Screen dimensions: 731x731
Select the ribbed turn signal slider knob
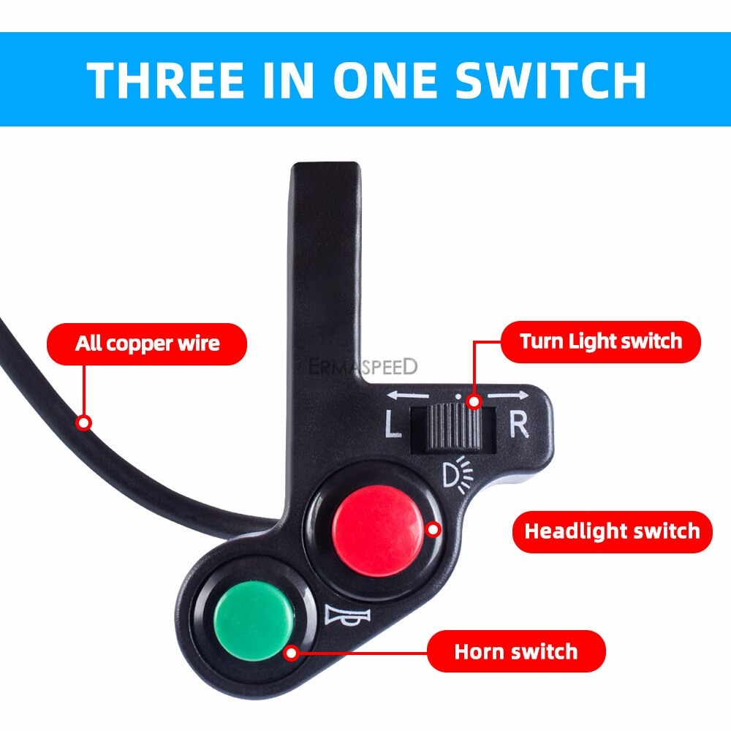(453, 427)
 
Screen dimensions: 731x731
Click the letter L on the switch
(393, 426)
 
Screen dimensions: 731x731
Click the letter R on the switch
(518, 425)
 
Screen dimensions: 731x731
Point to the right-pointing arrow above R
(507, 395)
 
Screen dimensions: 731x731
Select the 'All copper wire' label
(147, 344)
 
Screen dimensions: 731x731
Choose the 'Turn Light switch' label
(600, 341)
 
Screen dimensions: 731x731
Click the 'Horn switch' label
(516, 651)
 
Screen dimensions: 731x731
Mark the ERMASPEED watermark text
(363, 366)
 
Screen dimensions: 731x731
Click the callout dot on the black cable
(84, 423)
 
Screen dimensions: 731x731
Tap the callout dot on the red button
(433, 529)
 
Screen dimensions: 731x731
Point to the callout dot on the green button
(292, 652)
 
